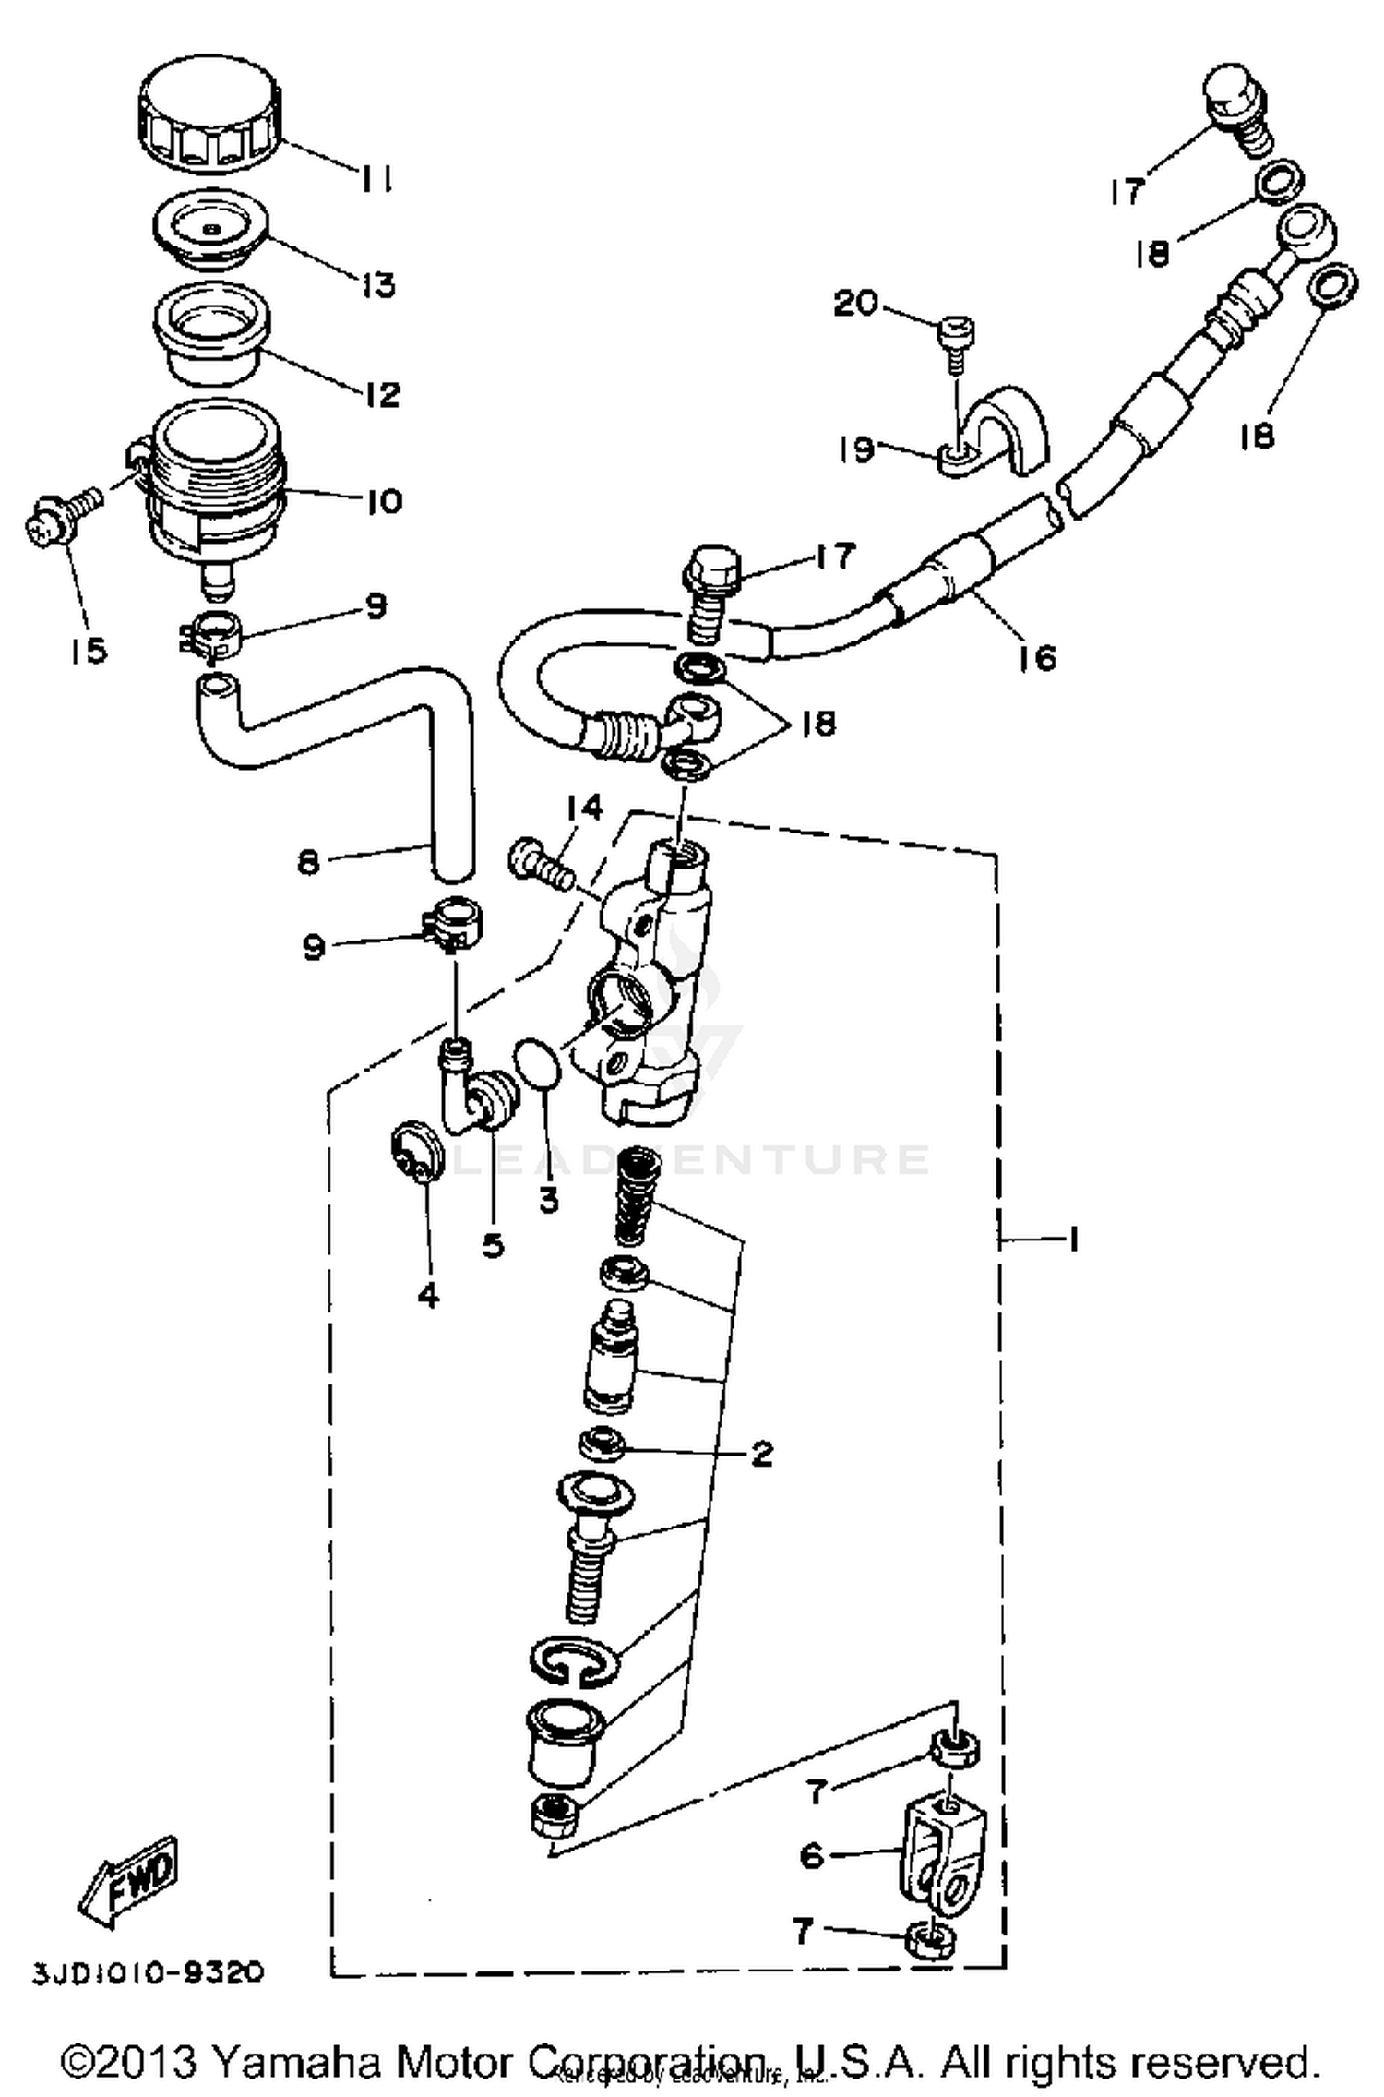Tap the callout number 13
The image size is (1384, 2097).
(378, 284)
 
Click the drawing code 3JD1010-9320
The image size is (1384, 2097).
(149, 1972)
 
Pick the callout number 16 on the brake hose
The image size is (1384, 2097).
(1038, 658)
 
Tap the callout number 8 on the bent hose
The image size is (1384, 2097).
(307, 863)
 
